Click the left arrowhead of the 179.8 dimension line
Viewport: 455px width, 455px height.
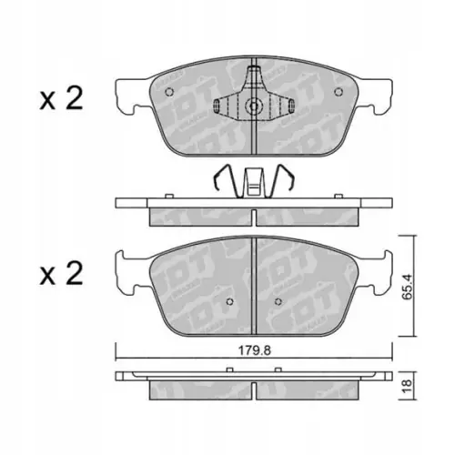[x=117, y=356]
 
